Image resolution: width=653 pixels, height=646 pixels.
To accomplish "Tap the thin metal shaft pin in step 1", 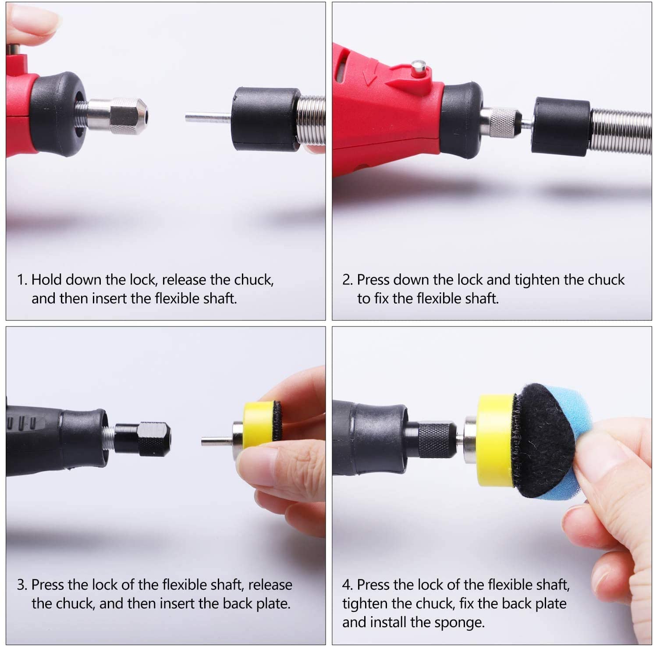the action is tap(208, 117).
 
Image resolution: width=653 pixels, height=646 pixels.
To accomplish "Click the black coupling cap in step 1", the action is tap(266, 119).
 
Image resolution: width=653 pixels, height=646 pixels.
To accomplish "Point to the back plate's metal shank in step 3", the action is tap(217, 440).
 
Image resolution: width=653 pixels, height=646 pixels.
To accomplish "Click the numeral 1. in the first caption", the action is tap(22, 280).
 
